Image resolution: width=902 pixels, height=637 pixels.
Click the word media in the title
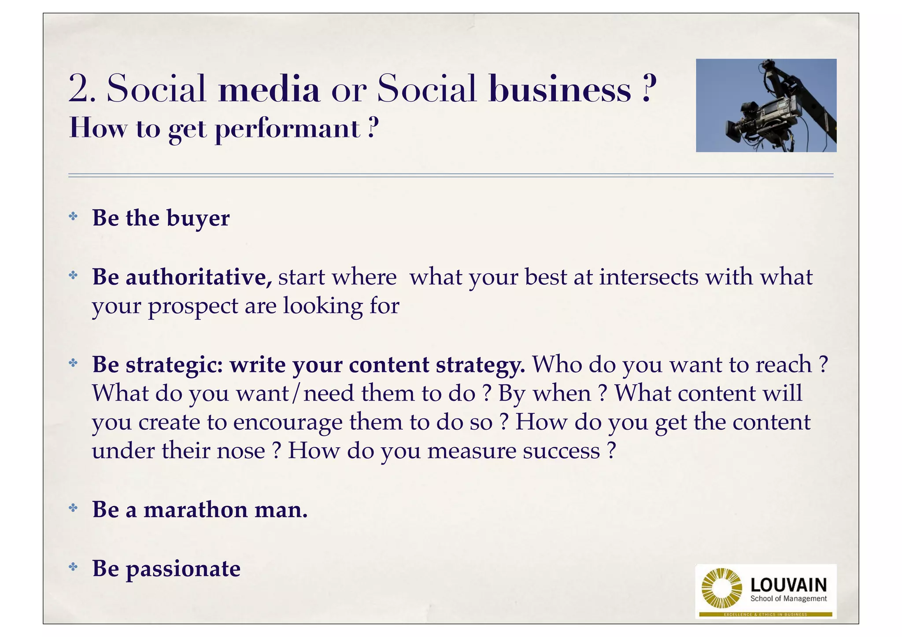click(x=269, y=89)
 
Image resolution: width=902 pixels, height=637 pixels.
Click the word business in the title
click(x=560, y=89)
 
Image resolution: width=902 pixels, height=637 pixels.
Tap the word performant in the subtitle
click(x=288, y=129)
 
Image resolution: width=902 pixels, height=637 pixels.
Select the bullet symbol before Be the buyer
click(x=73, y=216)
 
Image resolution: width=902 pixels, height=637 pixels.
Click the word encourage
click(x=287, y=423)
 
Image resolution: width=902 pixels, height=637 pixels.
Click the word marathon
click(x=195, y=510)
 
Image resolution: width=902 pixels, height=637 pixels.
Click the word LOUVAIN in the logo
click(x=788, y=585)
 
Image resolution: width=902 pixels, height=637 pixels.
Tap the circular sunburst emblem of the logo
click(x=721, y=589)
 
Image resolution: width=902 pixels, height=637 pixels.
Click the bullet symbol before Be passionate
click(x=73, y=567)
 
